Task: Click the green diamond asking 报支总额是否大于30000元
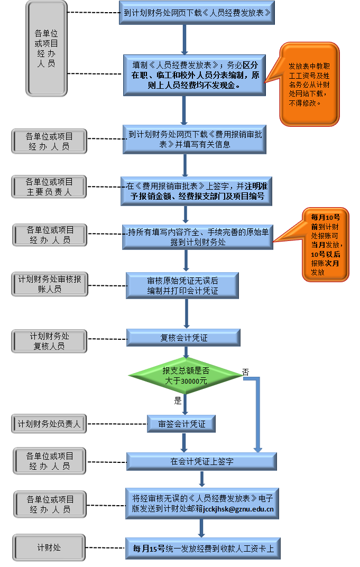pyautogui.click(x=186, y=376)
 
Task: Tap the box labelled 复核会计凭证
pyautogui.click(x=183, y=338)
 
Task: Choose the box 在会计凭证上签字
pyautogui.click(x=201, y=461)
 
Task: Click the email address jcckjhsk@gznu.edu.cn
pyautogui.click(x=238, y=509)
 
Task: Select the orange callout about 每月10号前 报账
pyautogui.click(x=325, y=245)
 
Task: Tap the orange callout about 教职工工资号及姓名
pyautogui.click(x=310, y=84)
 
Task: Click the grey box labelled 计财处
pyautogui.click(x=49, y=547)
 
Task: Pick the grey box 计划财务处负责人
pyautogui.click(x=49, y=423)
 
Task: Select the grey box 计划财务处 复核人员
pyautogui.click(x=49, y=341)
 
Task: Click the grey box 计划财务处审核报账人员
pyautogui.click(x=49, y=284)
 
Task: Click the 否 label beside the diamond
pyautogui.click(x=245, y=372)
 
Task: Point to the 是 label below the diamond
pyautogui.click(x=178, y=401)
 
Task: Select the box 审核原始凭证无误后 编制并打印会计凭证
pyautogui.click(x=182, y=285)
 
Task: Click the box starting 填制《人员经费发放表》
pyautogui.click(x=195, y=75)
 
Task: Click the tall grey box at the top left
pyautogui.click(x=46, y=48)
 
